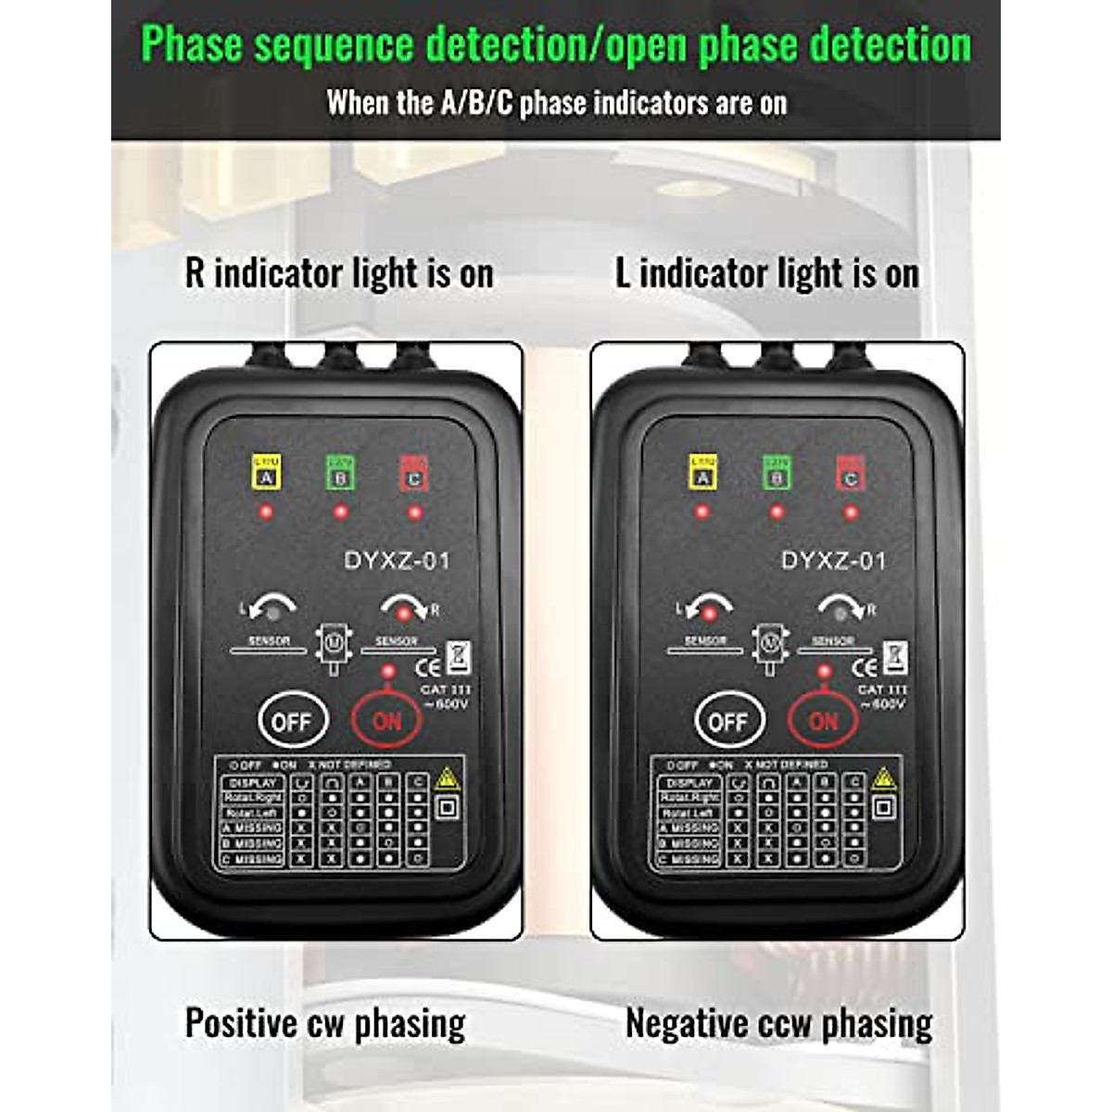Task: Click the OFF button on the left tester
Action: (291, 721)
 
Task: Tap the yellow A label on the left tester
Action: (267, 473)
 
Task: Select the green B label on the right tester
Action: (777, 473)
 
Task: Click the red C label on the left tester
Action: (413, 473)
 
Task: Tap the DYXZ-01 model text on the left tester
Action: (397, 561)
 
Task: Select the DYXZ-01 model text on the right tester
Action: (834, 561)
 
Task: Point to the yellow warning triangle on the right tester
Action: (883, 777)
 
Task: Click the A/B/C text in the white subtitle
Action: (475, 103)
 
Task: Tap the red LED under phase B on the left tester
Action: (340, 512)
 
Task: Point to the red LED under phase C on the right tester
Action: (850, 512)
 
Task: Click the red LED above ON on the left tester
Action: (388, 672)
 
